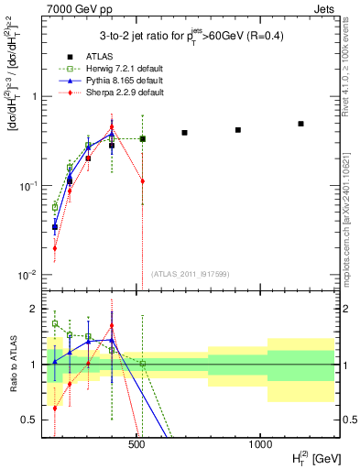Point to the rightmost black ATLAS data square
pyautogui.click(x=300, y=124)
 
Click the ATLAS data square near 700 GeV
pyautogui.click(x=184, y=133)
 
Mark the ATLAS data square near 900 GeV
pyautogui.click(x=238, y=130)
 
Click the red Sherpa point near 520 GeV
pyautogui.click(x=143, y=180)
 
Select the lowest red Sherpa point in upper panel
pyautogui.click(x=55, y=247)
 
